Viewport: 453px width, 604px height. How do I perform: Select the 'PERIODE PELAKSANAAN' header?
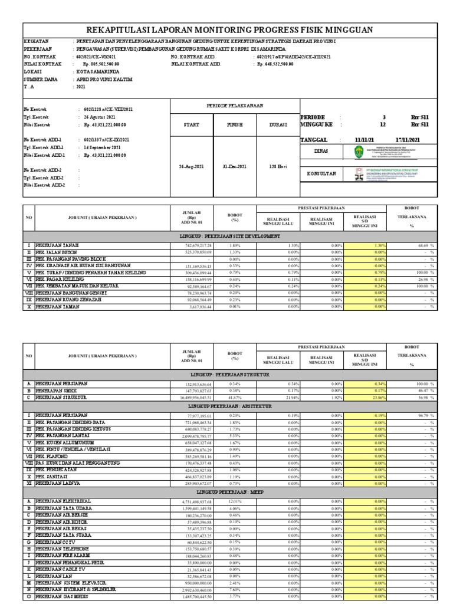[x=234, y=106]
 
